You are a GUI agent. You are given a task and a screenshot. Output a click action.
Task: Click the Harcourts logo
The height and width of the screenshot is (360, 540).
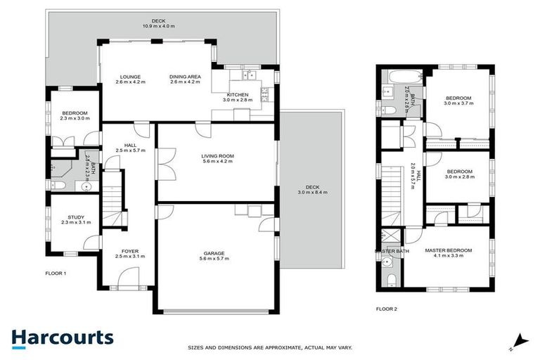coord(62,338)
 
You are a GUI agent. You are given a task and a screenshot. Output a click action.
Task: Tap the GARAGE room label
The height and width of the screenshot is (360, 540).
coord(214,253)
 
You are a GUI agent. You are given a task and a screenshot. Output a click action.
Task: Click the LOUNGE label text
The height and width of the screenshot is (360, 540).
coord(130,77)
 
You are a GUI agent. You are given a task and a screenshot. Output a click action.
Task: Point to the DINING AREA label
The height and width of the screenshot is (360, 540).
coord(185,77)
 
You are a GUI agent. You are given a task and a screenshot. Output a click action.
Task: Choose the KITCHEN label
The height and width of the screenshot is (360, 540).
coord(237,95)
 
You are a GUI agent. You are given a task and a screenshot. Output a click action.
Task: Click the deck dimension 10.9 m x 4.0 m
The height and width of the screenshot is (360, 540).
coord(158,26)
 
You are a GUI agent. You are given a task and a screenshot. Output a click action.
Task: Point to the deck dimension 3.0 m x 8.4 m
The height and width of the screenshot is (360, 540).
coord(312,192)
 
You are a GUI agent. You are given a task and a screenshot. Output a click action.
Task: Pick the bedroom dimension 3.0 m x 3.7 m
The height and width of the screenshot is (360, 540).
coord(458,103)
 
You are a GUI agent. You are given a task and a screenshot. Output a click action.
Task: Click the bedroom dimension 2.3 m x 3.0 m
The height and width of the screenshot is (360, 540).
coord(74,119)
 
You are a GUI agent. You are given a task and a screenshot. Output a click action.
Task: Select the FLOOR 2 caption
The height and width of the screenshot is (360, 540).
coord(386,308)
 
